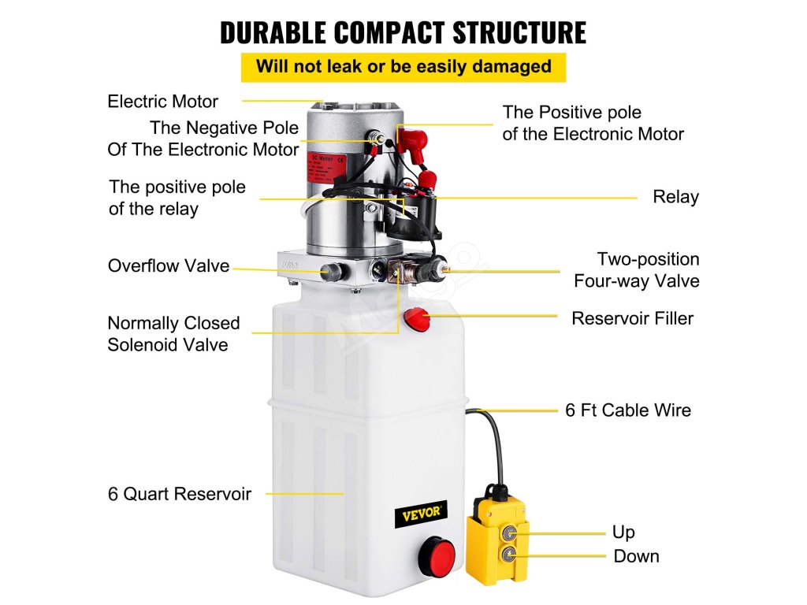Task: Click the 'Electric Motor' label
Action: point(162,102)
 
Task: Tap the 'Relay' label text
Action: point(675,197)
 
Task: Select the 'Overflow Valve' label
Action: point(169,266)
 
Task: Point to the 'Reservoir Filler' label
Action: point(632,319)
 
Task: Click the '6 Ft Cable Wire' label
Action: point(627,410)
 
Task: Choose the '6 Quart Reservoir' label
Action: point(180,495)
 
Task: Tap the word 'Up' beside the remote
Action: point(623,533)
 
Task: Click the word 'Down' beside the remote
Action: point(636,556)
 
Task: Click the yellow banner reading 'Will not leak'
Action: point(403,67)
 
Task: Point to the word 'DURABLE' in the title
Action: point(272,33)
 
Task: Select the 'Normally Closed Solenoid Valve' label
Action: point(173,334)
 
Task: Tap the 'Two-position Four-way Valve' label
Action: point(637,270)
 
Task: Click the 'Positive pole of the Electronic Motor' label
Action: point(593,124)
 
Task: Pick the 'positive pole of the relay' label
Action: point(177,198)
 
